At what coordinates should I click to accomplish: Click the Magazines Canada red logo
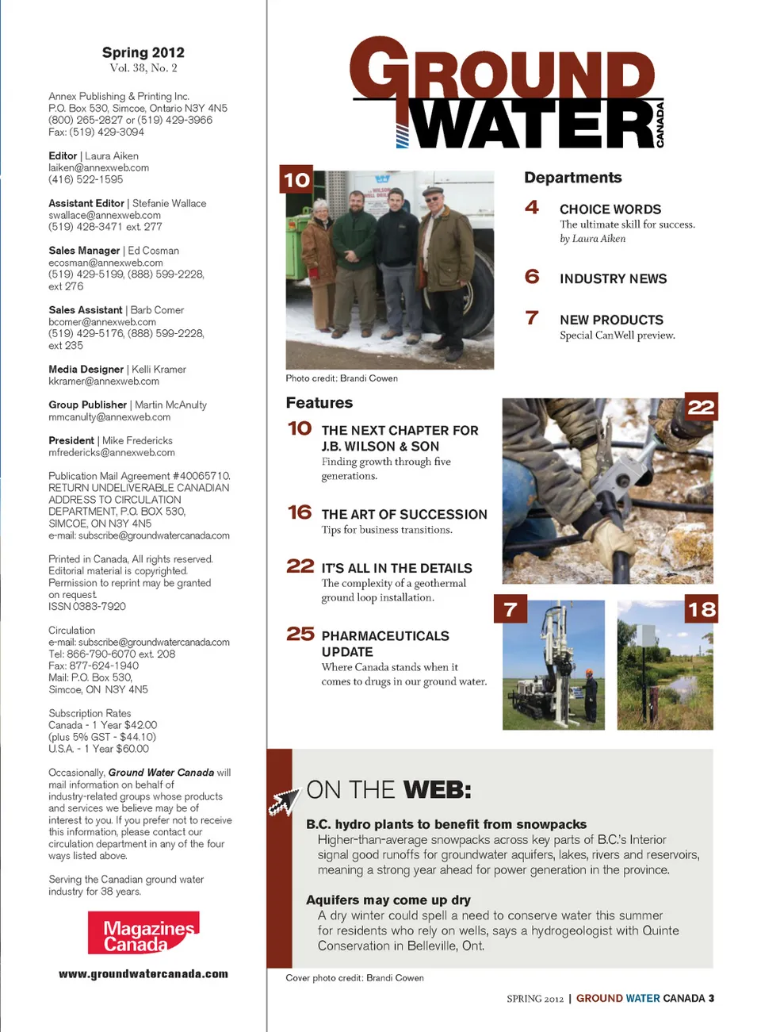point(143,933)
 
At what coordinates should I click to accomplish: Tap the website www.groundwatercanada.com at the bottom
point(143,974)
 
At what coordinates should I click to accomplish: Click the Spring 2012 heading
point(143,52)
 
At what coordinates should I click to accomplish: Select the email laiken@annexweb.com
point(98,168)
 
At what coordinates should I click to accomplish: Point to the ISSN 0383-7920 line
point(87,607)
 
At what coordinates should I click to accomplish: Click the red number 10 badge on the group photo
point(296,180)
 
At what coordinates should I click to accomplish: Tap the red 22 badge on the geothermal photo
point(701,407)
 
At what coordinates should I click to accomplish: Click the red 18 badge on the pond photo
point(702,609)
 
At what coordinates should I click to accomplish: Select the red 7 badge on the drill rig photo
point(511,609)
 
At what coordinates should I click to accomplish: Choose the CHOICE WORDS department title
point(610,209)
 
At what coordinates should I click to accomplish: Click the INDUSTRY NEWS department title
point(613,279)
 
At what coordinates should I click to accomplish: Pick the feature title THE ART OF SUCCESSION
point(404,515)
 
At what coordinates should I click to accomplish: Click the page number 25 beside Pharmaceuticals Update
point(300,634)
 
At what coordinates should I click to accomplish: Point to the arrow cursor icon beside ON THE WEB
point(284,802)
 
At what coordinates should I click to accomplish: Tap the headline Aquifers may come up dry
point(388,900)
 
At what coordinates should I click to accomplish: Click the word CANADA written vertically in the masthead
point(660,125)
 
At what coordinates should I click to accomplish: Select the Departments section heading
point(572,178)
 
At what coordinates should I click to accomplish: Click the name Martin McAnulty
point(170,405)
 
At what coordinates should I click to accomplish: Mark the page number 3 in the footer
point(711,999)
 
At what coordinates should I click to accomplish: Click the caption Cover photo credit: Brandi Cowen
point(354,978)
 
